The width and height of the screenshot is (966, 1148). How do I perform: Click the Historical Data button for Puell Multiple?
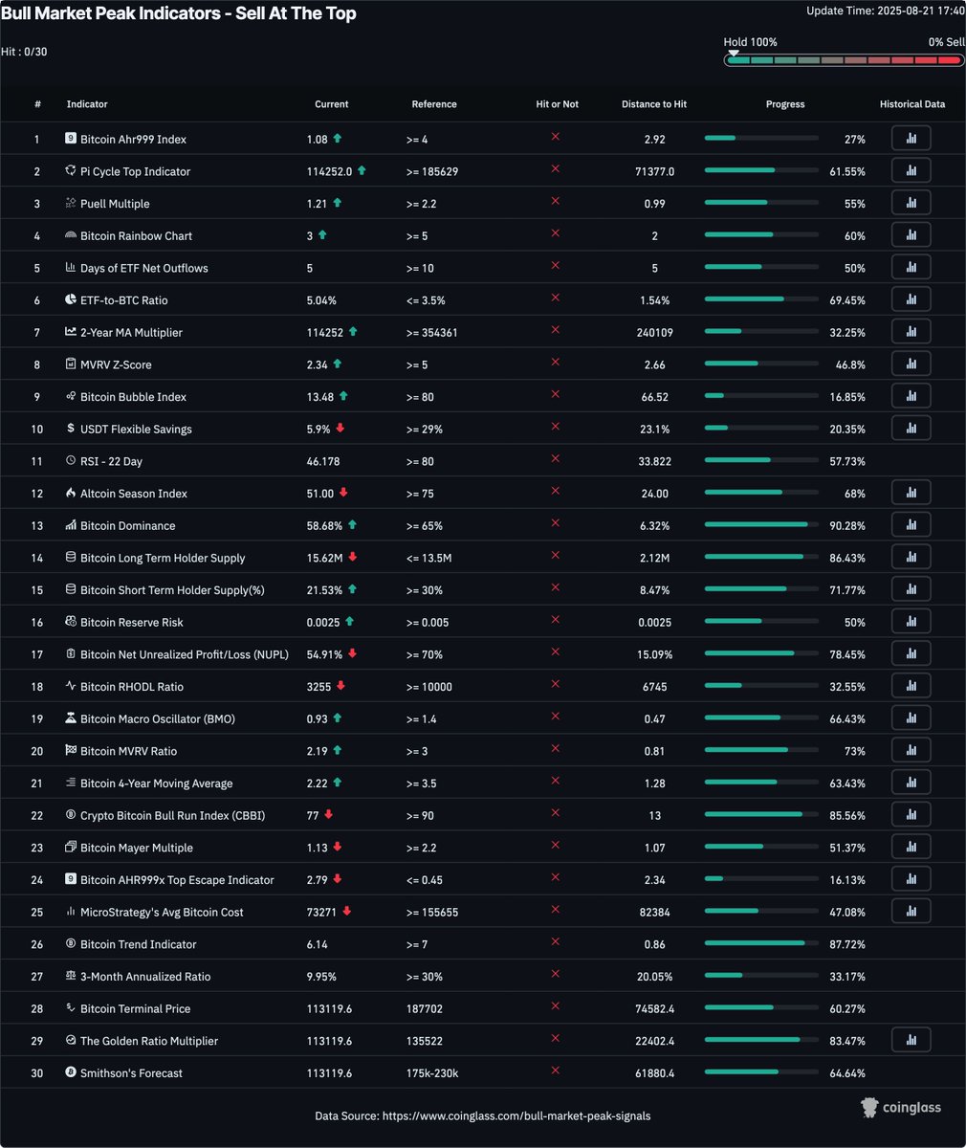[911, 204]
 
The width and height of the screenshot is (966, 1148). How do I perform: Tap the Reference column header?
[434, 104]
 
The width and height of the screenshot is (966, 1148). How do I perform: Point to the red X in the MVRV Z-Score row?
[555, 364]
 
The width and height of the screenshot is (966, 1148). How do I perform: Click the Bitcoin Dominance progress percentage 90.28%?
[847, 525]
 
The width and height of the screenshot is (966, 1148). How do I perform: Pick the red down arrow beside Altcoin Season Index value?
[343, 493]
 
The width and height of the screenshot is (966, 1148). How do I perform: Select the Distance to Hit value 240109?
[653, 332]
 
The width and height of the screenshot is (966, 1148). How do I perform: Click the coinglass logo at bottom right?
[900, 1107]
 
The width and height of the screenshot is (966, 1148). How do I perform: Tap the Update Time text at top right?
[884, 11]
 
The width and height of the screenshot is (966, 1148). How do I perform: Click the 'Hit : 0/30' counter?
[24, 52]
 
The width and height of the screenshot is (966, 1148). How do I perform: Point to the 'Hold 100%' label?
[750, 42]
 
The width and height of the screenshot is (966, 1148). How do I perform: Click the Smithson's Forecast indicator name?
[131, 1073]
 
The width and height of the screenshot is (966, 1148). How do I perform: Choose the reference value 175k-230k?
[432, 1073]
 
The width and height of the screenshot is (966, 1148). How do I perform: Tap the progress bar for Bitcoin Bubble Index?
[760, 397]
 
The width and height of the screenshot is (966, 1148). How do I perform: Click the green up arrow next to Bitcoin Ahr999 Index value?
[337, 139]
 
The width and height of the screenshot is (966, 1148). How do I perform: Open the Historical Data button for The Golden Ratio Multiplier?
[911, 1041]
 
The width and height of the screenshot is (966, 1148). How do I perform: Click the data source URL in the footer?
[516, 1115]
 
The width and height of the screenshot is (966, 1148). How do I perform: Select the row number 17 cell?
[37, 654]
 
